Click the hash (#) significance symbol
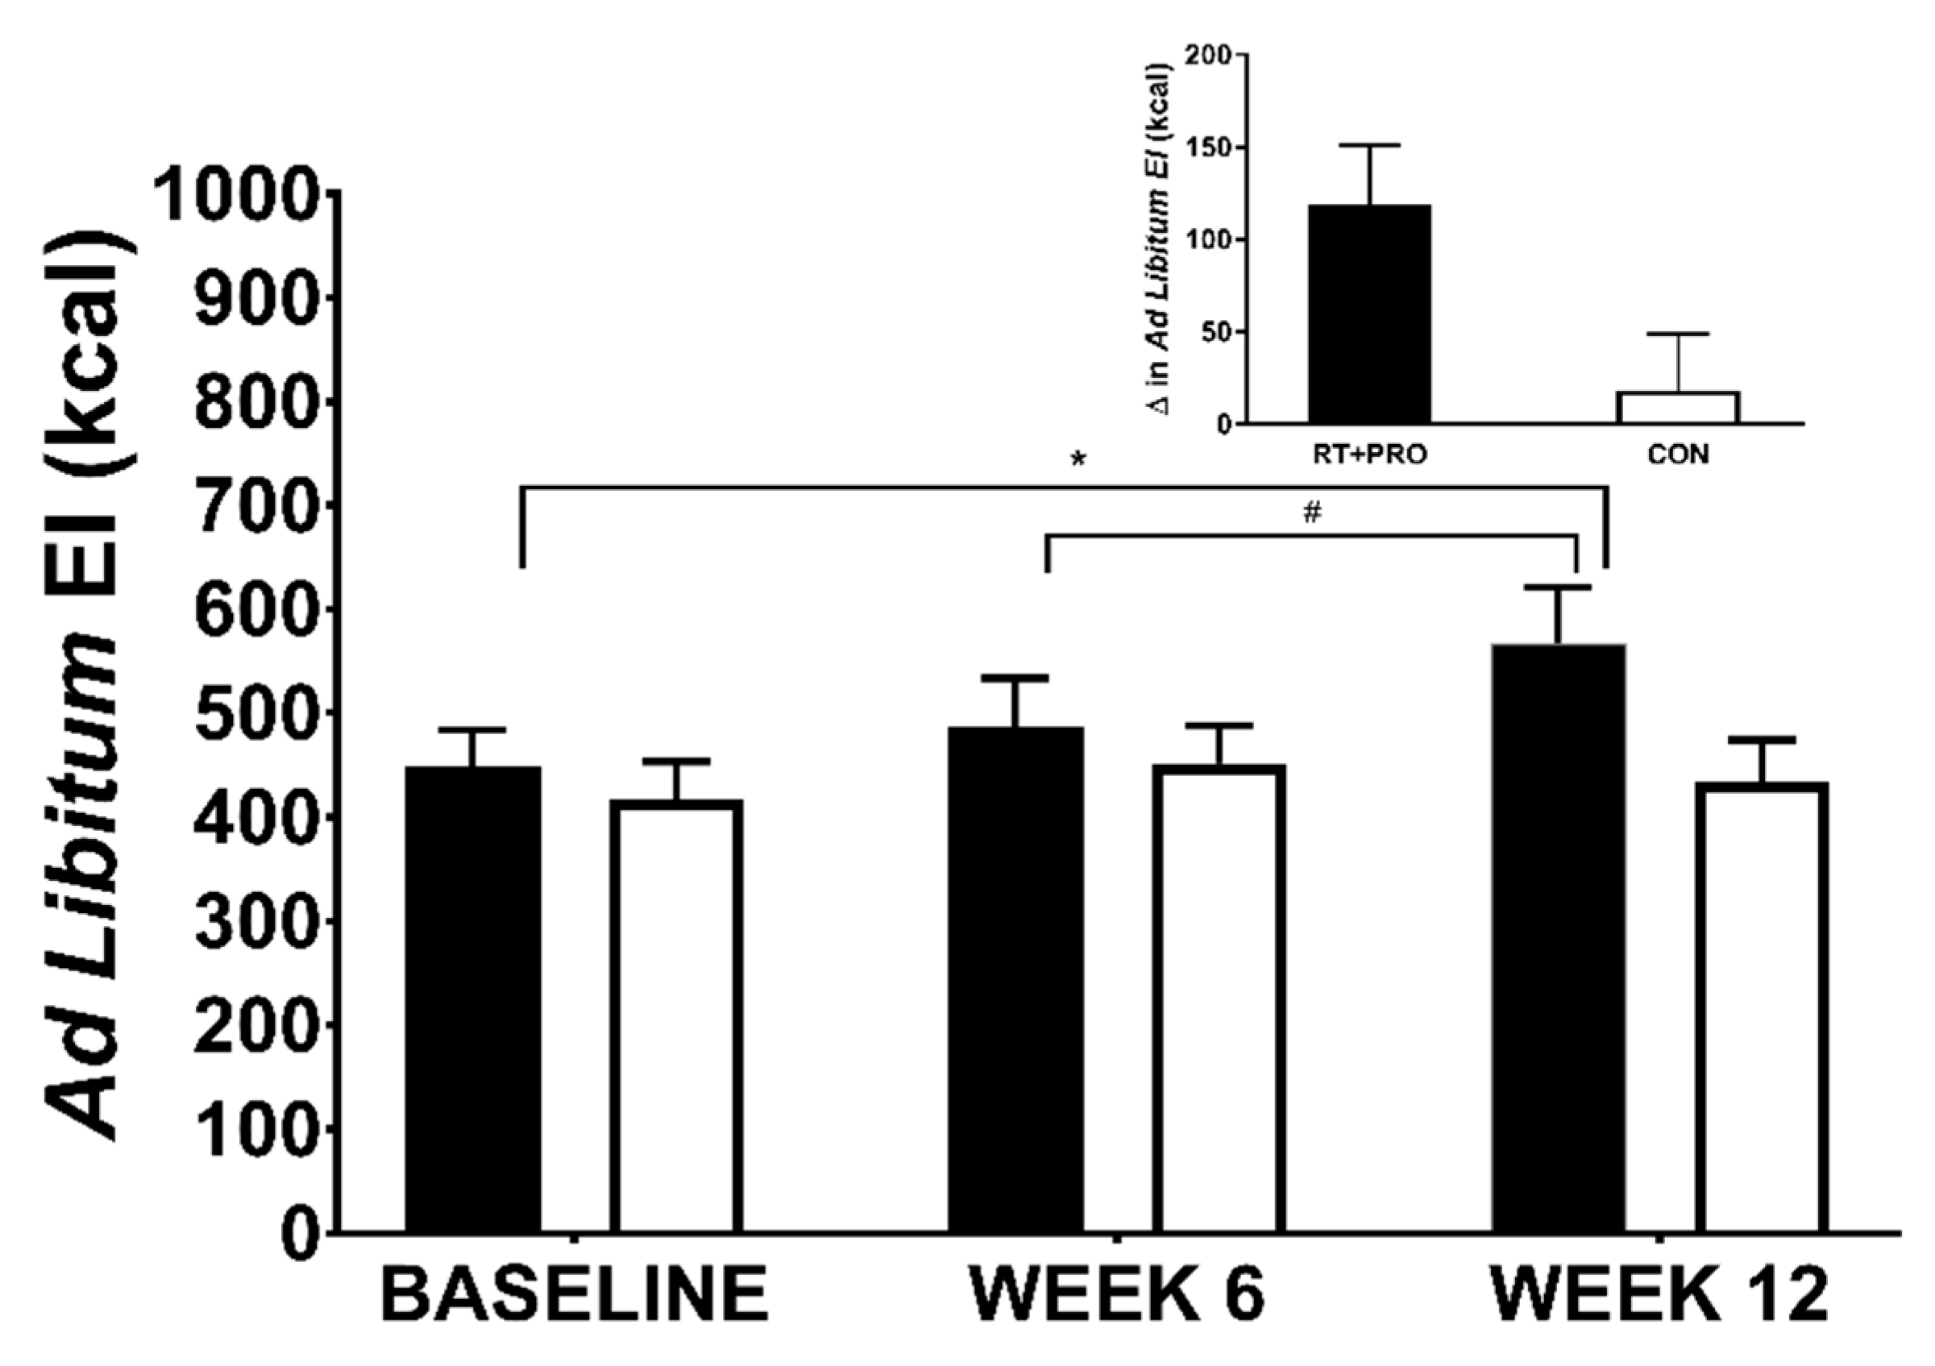[1311, 513]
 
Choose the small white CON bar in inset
[1677, 408]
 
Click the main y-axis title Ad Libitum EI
[93, 691]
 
